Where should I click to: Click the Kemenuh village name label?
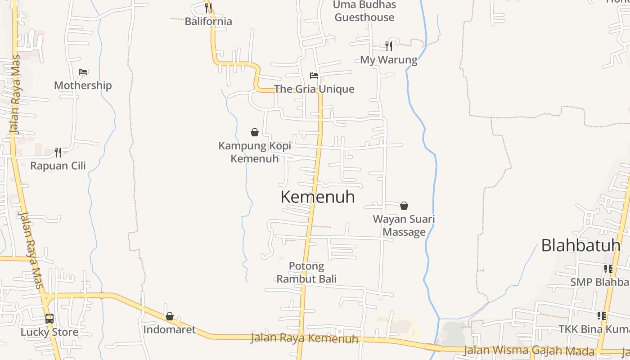click(318, 197)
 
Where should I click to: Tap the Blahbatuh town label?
click(580, 245)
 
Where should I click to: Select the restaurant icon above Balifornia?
click(208, 7)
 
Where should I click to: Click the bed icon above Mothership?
click(82, 72)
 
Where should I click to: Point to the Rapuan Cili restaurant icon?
click(58, 153)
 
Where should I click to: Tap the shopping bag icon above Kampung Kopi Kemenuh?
click(255, 132)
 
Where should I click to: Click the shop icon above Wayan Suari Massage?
click(404, 206)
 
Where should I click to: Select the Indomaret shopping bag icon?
click(170, 317)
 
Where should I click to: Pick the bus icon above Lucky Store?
click(49, 319)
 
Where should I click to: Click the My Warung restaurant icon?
click(389, 46)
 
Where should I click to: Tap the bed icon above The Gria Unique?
click(314, 76)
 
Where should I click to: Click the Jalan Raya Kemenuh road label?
click(304, 338)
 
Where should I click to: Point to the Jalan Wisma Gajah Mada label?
click(529, 350)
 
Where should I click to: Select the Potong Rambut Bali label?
click(306, 272)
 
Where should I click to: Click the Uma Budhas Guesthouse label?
click(364, 11)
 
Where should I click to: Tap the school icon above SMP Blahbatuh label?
click(608, 269)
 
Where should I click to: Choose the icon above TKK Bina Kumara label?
click(602, 316)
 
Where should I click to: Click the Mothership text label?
click(83, 85)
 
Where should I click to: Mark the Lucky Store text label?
click(49, 332)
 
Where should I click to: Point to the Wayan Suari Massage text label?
click(404, 225)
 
